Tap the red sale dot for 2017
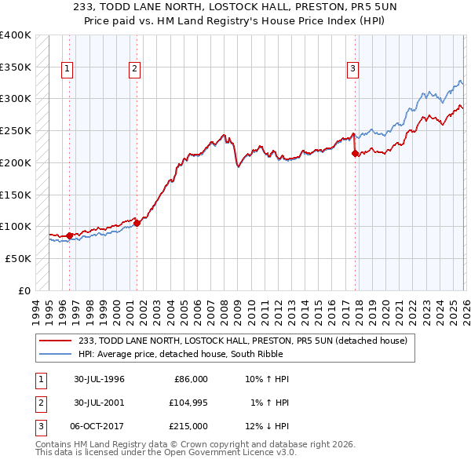coord(355,154)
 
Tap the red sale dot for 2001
coord(137,223)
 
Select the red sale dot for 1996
coord(70,235)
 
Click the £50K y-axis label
coord(18,258)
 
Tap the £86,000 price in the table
coord(189,379)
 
